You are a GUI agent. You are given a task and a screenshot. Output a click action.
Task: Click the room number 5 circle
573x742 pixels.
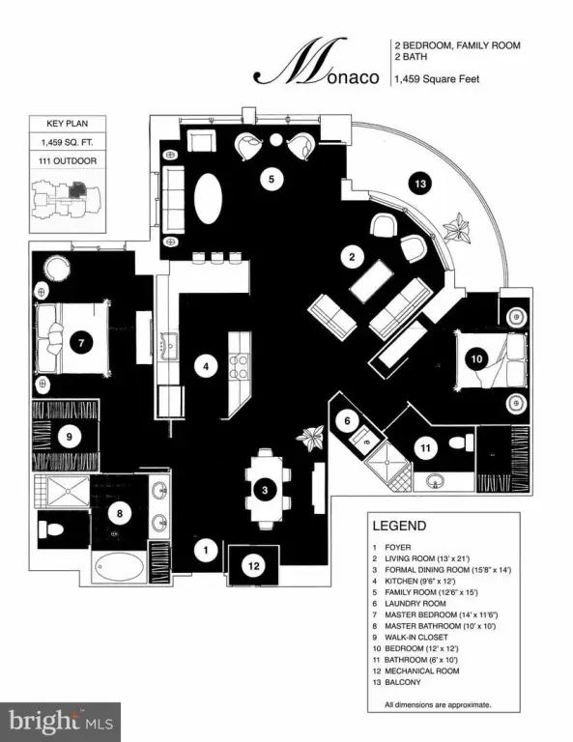click(272, 180)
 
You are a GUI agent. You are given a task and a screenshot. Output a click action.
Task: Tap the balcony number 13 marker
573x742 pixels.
click(420, 183)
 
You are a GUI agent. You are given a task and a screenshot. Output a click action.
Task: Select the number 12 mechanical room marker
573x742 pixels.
click(254, 565)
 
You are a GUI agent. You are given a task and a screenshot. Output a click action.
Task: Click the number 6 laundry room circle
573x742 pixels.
click(347, 420)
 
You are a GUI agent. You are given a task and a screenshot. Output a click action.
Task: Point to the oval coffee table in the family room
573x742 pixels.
click(208, 199)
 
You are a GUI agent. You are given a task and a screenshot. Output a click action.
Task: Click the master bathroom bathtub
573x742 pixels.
click(120, 567)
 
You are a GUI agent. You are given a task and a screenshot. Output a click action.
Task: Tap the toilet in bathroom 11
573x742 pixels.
click(461, 442)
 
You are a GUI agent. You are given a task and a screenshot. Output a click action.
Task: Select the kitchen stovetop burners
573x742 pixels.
click(239, 367)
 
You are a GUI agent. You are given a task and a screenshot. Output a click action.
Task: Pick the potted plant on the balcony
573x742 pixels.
click(458, 229)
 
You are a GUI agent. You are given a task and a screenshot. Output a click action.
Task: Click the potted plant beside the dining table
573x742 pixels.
click(311, 438)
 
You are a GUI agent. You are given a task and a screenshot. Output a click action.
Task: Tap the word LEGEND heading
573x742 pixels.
click(399, 526)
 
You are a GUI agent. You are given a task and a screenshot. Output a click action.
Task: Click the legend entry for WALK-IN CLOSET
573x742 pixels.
click(415, 638)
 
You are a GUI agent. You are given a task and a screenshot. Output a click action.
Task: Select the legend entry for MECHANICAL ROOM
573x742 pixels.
click(421, 671)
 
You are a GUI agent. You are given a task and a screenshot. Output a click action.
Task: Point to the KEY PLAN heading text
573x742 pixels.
click(68, 124)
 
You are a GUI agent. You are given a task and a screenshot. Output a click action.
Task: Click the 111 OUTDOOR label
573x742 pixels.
click(68, 161)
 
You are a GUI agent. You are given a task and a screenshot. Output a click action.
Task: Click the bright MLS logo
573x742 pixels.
click(60, 722)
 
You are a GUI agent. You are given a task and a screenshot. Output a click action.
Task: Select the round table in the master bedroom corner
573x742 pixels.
click(58, 269)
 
